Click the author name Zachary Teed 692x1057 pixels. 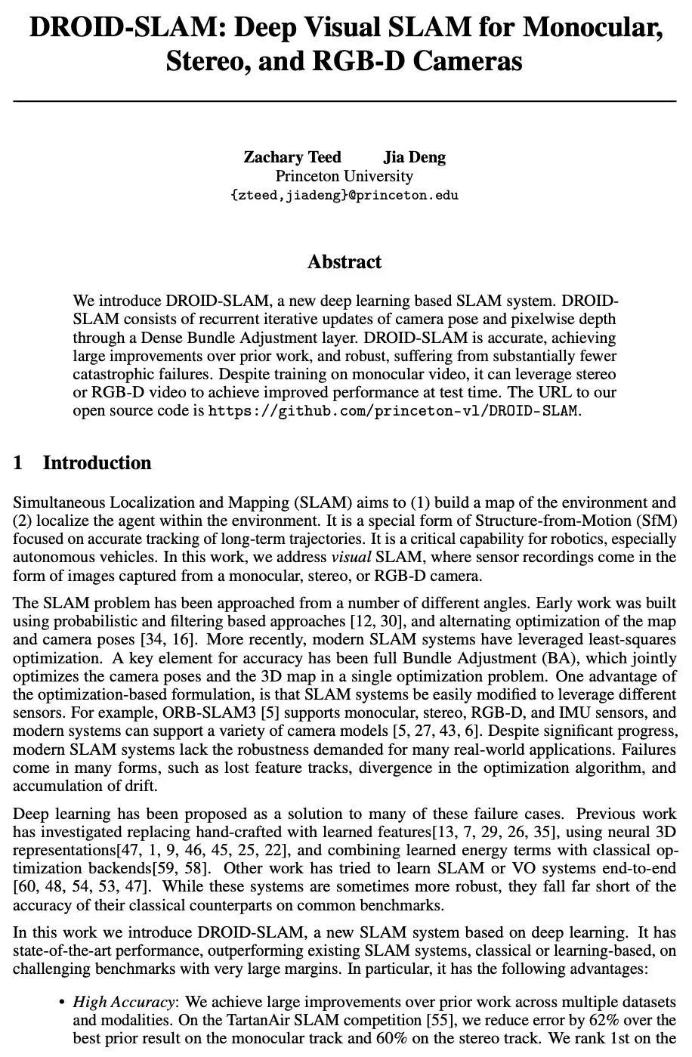tap(292, 157)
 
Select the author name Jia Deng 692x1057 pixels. tap(414, 157)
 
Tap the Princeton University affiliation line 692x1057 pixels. tap(344, 176)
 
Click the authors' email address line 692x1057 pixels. tap(344, 195)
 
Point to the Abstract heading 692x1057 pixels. tap(344, 262)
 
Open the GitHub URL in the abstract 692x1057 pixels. tap(393, 411)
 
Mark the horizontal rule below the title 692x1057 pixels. tap(344, 100)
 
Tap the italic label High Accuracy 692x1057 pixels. tap(124, 1002)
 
